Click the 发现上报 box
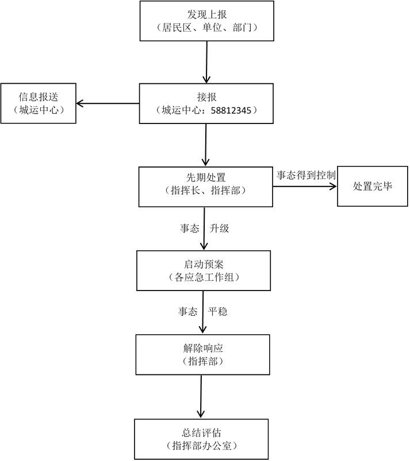[x=206, y=21]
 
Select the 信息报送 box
[x=38, y=103]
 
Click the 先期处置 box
[x=205, y=186]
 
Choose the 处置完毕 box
[x=372, y=186]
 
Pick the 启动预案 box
[x=204, y=270]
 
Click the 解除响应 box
[x=202, y=355]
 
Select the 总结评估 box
[x=201, y=439]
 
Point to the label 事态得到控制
[x=305, y=175]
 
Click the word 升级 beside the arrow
[x=219, y=228]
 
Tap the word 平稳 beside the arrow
[x=217, y=312]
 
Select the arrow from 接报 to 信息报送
[x=108, y=104]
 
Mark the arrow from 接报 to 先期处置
[x=206, y=145]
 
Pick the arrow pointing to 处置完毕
[x=304, y=187]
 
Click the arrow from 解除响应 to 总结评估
[x=201, y=397]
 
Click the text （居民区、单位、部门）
[x=206, y=27]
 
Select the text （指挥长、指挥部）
[x=205, y=192]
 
